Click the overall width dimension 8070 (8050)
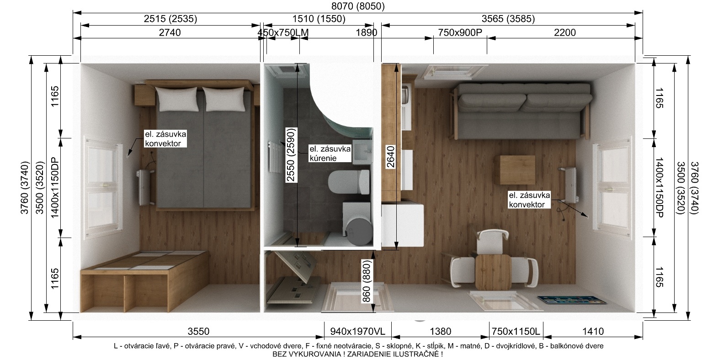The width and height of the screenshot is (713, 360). click(358, 6)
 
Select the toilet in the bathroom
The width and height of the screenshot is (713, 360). click(349, 182)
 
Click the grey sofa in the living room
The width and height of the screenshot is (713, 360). click(521, 111)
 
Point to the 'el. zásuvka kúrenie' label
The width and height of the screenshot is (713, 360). click(330, 154)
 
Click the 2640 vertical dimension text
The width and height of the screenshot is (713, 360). click(391, 157)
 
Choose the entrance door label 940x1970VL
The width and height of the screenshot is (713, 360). click(357, 332)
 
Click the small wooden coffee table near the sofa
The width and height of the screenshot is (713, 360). click(517, 169)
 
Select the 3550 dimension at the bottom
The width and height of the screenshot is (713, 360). click(198, 332)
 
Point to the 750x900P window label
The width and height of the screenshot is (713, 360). click(460, 32)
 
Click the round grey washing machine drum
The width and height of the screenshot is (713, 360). click(359, 231)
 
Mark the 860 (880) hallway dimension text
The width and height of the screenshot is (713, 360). click(367, 281)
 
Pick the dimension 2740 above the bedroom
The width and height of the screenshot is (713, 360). click(170, 32)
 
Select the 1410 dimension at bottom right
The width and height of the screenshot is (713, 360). click(593, 332)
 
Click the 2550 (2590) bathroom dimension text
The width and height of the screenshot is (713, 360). click(291, 155)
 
